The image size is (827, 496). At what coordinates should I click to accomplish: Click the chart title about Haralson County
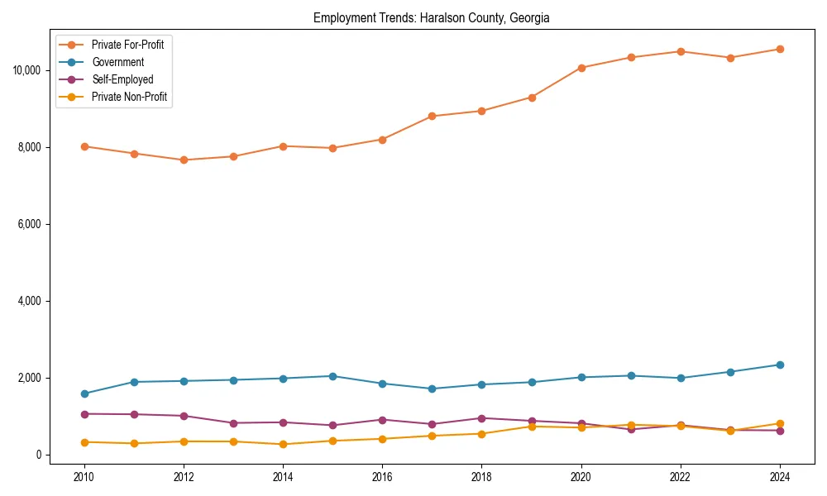point(431,18)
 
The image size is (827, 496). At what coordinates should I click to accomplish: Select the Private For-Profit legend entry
point(127,45)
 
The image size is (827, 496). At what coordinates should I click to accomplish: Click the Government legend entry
point(117,62)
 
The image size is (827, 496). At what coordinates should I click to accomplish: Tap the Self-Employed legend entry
point(122,79)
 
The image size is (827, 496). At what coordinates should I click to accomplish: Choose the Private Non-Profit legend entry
point(129,97)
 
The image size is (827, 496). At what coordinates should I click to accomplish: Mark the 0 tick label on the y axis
point(38,455)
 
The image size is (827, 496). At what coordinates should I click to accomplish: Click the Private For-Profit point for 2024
point(779,49)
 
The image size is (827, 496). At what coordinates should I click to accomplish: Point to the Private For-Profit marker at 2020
point(581,68)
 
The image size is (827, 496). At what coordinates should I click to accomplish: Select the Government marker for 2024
point(779,365)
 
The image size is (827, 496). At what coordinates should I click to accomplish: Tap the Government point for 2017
point(432,389)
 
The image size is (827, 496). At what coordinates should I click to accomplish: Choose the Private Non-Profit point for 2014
point(283,444)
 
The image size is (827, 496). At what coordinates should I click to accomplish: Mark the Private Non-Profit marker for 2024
point(779,423)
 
